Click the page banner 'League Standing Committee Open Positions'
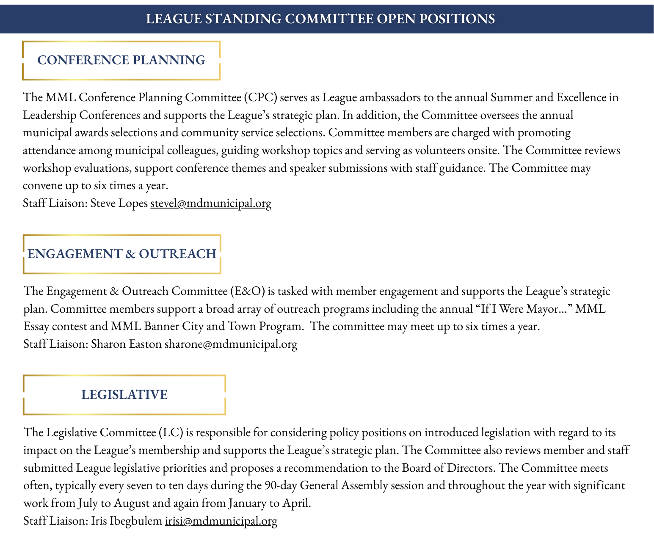[x=320, y=19]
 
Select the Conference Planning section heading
[x=121, y=60]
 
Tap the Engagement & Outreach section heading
[x=122, y=254]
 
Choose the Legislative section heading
[x=124, y=395]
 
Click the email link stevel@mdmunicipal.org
[x=211, y=203]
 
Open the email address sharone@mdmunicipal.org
[x=231, y=344]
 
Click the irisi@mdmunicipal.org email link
[x=221, y=521]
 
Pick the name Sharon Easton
[x=126, y=344]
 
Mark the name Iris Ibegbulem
[x=127, y=521]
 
